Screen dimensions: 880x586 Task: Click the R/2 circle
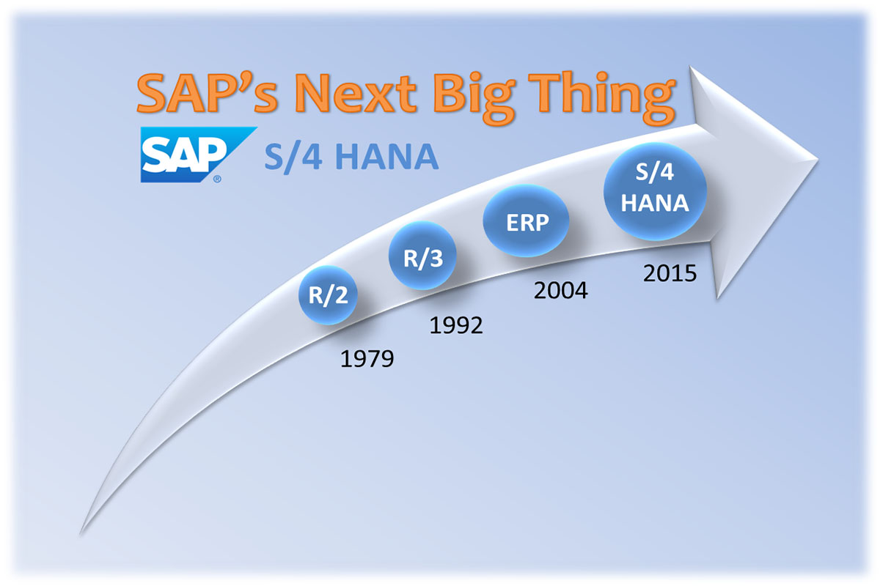[x=328, y=294]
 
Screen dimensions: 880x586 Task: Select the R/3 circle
[x=422, y=256]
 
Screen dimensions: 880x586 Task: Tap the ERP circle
[x=526, y=221]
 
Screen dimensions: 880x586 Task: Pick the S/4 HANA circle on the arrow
[x=655, y=191]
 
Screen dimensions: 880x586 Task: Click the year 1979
[x=367, y=359]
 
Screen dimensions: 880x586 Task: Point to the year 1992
[x=455, y=325]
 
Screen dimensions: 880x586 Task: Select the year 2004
[x=560, y=291]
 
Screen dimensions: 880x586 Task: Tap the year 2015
[x=670, y=273]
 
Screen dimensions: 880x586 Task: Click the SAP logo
[x=199, y=155]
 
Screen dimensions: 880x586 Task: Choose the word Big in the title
[x=474, y=97]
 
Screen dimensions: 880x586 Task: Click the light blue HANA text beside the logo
[x=387, y=157]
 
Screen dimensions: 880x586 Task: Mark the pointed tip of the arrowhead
[x=818, y=160]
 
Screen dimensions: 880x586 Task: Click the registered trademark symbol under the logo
[x=217, y=179]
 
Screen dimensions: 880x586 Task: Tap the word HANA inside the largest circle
[x=654, y=204]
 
